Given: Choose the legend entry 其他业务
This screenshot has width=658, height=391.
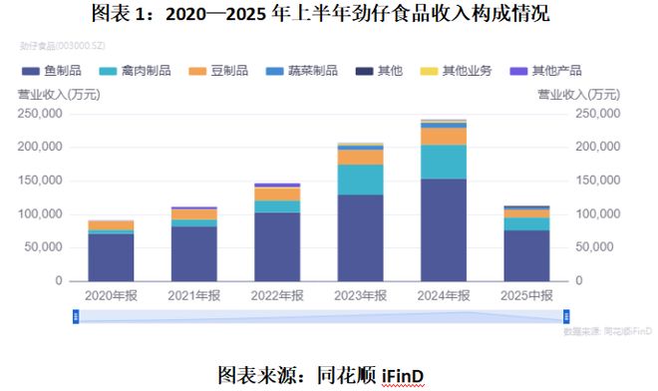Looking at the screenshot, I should coord(459,71).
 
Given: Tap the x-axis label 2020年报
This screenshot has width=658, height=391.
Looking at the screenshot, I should coord(111,296).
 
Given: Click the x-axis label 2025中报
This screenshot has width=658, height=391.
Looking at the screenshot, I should coord(527,296).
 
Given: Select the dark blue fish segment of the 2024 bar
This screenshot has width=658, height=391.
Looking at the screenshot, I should coord(444,229).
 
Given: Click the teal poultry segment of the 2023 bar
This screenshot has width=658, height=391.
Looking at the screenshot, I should coord(361,179).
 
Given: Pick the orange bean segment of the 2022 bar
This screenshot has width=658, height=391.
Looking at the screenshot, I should coord(277,194).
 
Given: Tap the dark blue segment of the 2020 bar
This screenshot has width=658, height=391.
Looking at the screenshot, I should coord(111,257).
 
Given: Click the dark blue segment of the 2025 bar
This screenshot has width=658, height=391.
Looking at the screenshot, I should coord(527,255).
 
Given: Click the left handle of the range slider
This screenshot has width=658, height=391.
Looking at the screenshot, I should coord(76,316).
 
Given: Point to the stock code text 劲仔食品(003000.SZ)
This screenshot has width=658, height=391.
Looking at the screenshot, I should coord(62,46).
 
